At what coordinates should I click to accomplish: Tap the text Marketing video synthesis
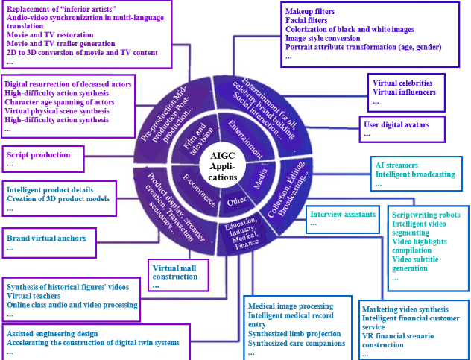point(405,309)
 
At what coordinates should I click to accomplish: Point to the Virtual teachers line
point(38,296)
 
